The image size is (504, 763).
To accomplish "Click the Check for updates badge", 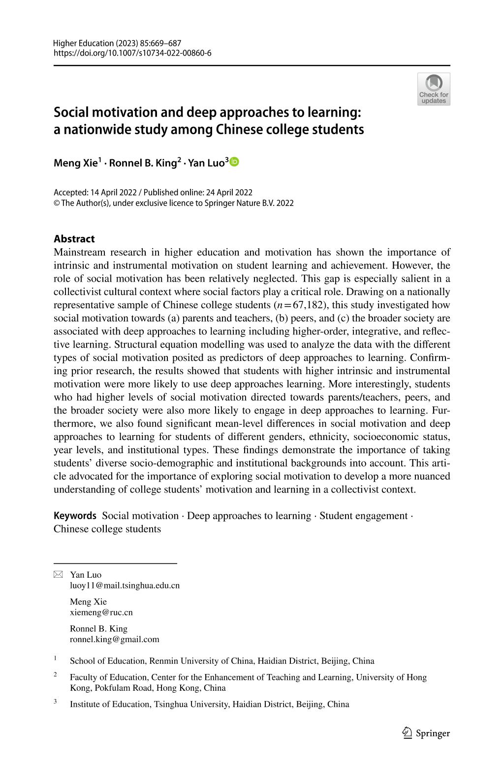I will coord(434,89).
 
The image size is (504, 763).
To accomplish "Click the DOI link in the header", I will coord(132,53).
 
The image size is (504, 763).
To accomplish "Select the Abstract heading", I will coord(74,239).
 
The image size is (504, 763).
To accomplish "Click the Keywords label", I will coord(75,516).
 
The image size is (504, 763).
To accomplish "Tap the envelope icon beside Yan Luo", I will coord(58,575).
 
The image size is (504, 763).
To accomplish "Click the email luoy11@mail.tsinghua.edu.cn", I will coord(125,586).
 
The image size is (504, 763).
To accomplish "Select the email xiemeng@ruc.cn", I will coord(101,613).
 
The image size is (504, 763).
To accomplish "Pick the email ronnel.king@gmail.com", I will coord(114,640).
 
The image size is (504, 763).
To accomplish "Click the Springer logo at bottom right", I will coord(426,734).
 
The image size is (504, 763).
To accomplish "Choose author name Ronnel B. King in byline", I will coord(143,163).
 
